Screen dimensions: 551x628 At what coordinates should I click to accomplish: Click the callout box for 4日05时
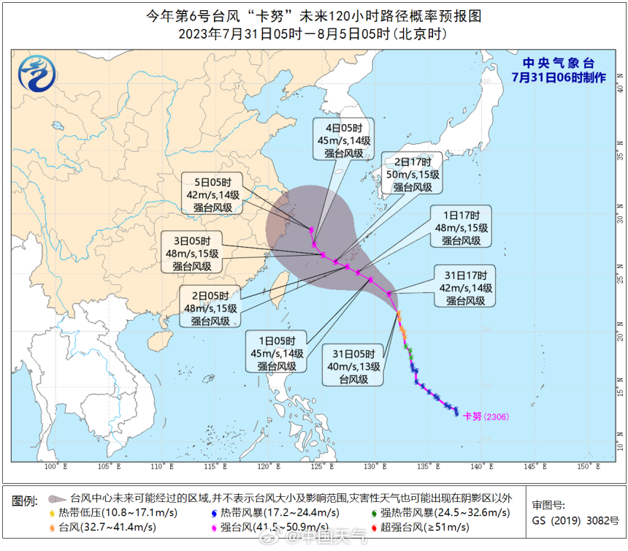(x=344, y=139)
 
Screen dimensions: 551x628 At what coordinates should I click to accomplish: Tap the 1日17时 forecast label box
(x=462, y=227)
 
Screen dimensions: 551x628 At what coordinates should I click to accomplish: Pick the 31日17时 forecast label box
(x=466, y=287)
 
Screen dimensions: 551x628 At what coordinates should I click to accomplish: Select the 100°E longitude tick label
(x=56, y=466)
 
